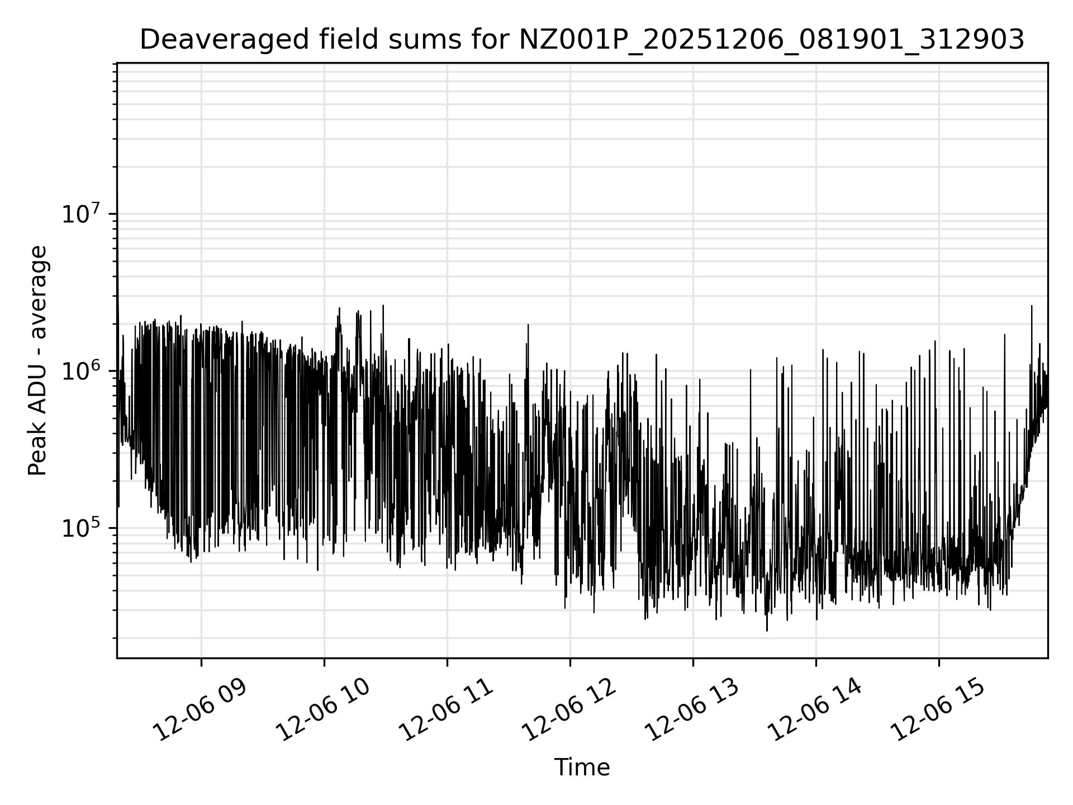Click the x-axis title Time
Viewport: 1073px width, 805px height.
coord(582,768)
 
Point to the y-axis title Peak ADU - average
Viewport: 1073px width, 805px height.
coord(37,361)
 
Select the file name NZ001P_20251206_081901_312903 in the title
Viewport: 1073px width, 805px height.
coord(771,40)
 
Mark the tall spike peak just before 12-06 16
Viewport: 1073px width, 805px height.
coord(1032,306)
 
